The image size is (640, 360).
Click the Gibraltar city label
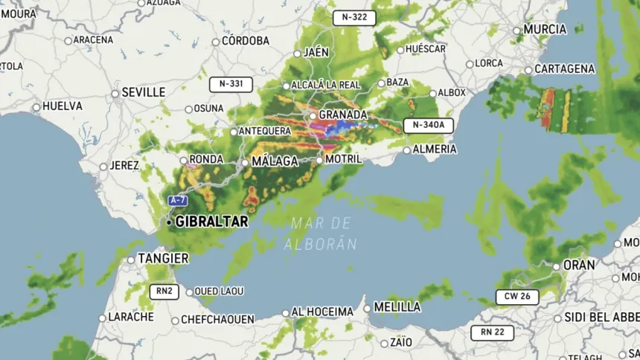click(211, 222)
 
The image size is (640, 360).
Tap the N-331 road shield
click(231, 84)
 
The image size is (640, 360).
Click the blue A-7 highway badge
click(177, 201)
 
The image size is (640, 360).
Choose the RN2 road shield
click(164, 292)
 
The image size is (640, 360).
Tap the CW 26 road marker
click(517, 297)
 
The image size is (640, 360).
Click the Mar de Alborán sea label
click(321, 233)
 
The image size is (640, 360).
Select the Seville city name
click(143, 92)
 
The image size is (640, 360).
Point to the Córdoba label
click(245, 41)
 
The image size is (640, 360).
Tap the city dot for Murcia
click(516, 31)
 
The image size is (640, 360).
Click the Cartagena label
click(565, 69)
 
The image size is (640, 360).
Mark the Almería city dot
click(406, 150)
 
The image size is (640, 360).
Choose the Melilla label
click(397, 306)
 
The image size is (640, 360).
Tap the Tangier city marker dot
click(131, 260)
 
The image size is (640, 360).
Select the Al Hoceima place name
click(322, 312)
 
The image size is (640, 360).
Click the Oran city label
click(579, 265)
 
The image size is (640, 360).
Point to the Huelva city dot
click(36, 107)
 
